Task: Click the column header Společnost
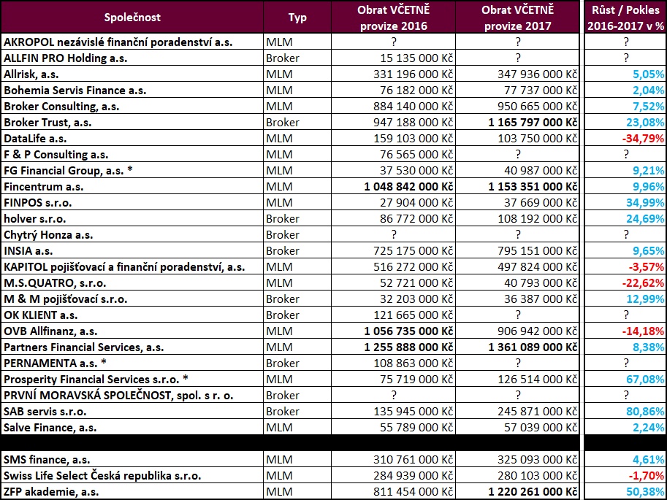click(x=132, y=17)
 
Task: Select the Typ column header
click(x=297, y=17)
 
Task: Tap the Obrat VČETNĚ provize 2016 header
click(x=392, y=18)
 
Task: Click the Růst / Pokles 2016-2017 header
click(x=625, y=18)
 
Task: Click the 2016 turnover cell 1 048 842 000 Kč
click(x=409, y=186)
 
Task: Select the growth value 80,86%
click(x=646, y=411)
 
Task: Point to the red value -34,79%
click(x=643, y=138)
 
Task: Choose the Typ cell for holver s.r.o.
click(x=283, y=218)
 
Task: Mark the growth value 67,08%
click(x=646, y=379)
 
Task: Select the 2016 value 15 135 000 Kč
click(x=416, y=58)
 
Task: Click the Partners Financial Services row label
click(x=84, y=347)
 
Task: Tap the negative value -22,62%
click(x=643, y=282)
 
